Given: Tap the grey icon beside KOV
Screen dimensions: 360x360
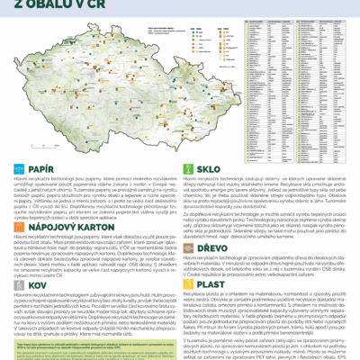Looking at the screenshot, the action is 20,283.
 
